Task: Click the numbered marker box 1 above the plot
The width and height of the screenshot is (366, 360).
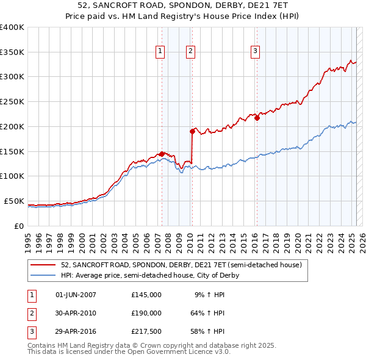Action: (160, 52)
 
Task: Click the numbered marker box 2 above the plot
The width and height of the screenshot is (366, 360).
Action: (190, 52)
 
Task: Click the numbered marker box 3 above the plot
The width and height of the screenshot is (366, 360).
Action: (254, 52)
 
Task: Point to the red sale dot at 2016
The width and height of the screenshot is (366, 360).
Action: (257, 118)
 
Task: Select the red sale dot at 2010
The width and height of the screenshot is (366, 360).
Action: (192, 131)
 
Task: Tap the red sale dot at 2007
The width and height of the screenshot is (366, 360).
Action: (162, 154)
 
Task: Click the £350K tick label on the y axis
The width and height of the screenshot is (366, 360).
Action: (12, 52)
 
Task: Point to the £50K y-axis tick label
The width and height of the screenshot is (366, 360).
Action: (14, 201)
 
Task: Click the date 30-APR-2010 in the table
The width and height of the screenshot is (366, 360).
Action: (76, 313)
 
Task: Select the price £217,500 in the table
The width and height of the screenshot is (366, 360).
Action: (146, 332)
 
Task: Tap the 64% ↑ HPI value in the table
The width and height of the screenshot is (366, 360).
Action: (207, 313)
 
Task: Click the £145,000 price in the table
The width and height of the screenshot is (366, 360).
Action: (146, 294)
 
